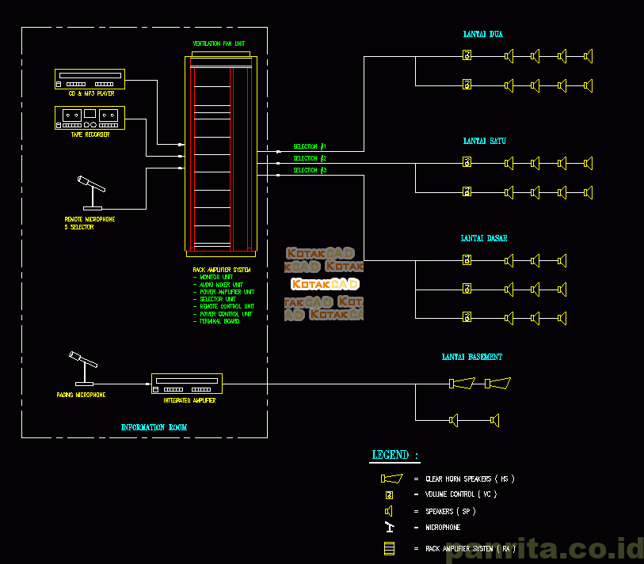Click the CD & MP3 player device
click(x=90, y=79)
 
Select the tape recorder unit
click(x=90, y=118)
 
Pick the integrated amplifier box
click(x=186, y=384)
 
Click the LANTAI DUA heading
click(x=482, y=35)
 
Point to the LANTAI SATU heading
click(x=484, y=141)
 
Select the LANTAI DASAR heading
click(x=484, y=238)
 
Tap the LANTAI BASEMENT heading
click(x=471, y=358)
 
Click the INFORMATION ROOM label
click(x=154, y=427)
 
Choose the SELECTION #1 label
click(x=310, y=146)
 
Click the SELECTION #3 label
click(x=310, y=170)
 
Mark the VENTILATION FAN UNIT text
click(x=219, y=44)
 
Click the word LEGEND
click(x=391, y=455)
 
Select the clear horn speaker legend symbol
click(x=391, y=479)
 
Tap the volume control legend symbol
click(x=389, y=494)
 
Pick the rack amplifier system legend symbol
click(x=389, y=548)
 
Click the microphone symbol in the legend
click(x=389, y=527)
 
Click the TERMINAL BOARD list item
click(x=219, y=322)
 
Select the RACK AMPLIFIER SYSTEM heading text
click(x=222, y=270)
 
